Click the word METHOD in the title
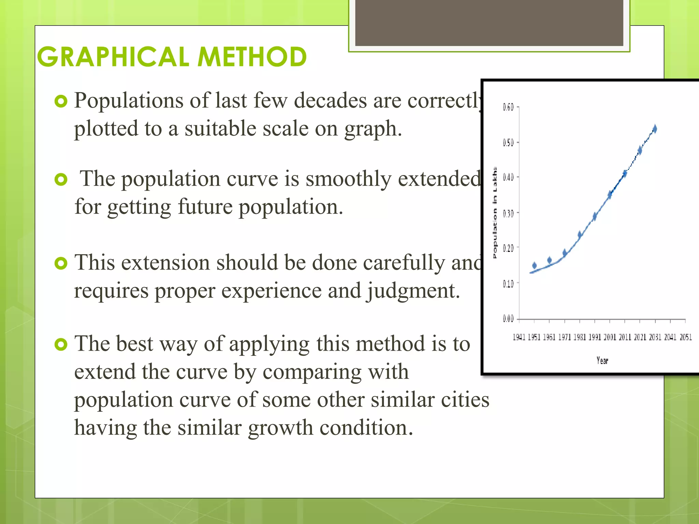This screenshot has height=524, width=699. coord(252,57)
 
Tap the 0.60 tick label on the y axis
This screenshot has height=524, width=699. coord(508,107)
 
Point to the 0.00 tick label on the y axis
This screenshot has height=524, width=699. coord(508,319)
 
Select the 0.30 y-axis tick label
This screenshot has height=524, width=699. coord(508,214)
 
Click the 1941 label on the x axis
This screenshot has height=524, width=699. coord(519,337)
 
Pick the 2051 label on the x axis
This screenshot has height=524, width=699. coord(685,337)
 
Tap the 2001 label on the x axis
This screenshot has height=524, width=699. coord(610,337)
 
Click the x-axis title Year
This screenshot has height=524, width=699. coord(602,361)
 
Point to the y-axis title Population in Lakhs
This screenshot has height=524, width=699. coord(495,213)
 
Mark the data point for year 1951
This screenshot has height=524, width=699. coord(534,265)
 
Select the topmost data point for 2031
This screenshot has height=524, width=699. coord(655,129)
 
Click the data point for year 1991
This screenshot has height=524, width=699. coord(595,216)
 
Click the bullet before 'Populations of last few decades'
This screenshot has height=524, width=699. coord(61,101)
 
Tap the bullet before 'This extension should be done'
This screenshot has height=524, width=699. coord(61,263)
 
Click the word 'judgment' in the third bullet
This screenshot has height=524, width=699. coord(413,291)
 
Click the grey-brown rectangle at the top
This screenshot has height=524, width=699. coord(489,23)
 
